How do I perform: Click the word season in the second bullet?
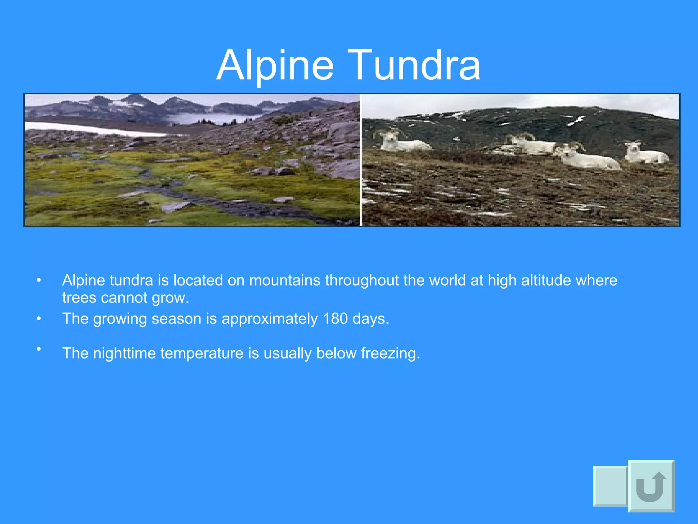[x=176, y=319]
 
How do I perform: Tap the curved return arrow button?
[x=651, y=486]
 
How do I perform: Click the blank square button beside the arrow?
[x=610, y=486]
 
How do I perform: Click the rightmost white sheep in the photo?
[x=646, y=153]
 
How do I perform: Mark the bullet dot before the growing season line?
[x=39, y=319]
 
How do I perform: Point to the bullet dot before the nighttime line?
[x=39, y=349]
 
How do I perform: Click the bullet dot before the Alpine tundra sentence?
[x=39, y=280]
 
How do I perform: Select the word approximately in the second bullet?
[x=270, y=319]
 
